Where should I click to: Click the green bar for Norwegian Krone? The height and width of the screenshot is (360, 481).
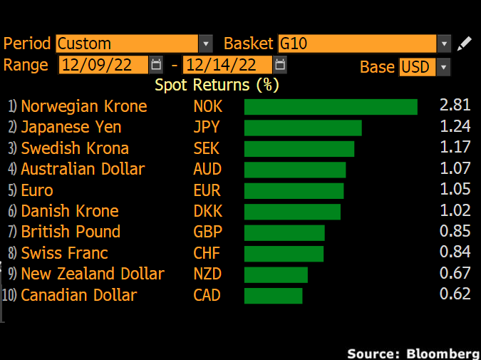pos(331,107)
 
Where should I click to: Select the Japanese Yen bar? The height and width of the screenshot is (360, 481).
pos(303,128)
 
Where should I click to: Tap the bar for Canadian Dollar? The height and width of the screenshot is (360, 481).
pos(274,295)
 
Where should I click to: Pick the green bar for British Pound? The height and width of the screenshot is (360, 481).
pos(284,232)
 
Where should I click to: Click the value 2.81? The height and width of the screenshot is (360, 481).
pos(455,106)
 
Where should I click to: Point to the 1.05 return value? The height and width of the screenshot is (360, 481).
pos(455,190)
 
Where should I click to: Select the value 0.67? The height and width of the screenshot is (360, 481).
pos(455,274)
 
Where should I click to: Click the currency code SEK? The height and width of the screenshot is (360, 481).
pos(207,148)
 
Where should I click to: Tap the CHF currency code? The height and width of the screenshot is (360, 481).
pos(207,253)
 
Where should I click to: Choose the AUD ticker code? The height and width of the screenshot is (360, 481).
pos(207,169)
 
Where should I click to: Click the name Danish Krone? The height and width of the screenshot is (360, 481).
pos(70,211)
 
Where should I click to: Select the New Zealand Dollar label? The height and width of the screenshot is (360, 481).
pos(93,274)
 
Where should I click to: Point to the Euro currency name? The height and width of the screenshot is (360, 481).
pos(37,190)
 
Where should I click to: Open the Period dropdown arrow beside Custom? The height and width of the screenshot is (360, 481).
pos(206,43)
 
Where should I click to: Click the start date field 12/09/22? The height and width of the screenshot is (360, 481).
pos(104,65)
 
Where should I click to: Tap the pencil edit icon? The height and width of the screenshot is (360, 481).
pos(464,43)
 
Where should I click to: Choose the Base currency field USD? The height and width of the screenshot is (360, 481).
pos(416,67)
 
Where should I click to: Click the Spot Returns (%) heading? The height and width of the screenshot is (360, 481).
pos(217,85)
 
